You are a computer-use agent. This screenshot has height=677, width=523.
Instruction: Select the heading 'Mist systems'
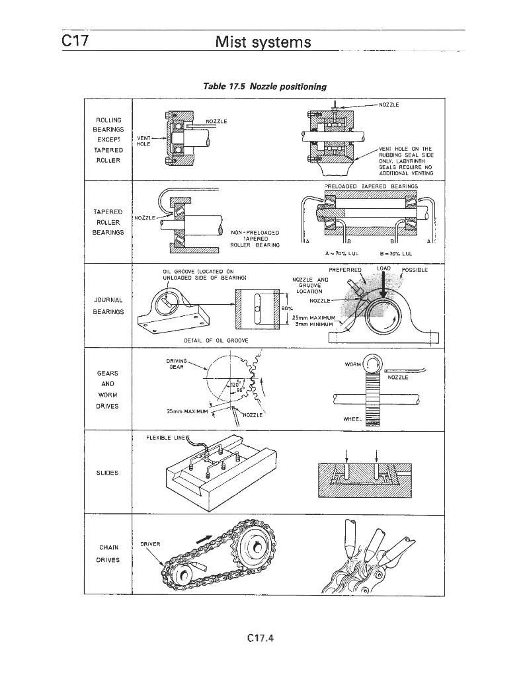click(263, 43)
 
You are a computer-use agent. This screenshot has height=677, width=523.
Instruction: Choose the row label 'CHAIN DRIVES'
click(108, 553)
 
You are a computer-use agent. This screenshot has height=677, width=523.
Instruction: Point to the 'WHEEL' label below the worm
click(353, 419)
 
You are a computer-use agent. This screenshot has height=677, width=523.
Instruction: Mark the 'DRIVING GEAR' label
click(177, 363)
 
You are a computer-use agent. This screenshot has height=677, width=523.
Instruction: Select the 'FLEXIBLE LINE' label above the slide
click(161, 437)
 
